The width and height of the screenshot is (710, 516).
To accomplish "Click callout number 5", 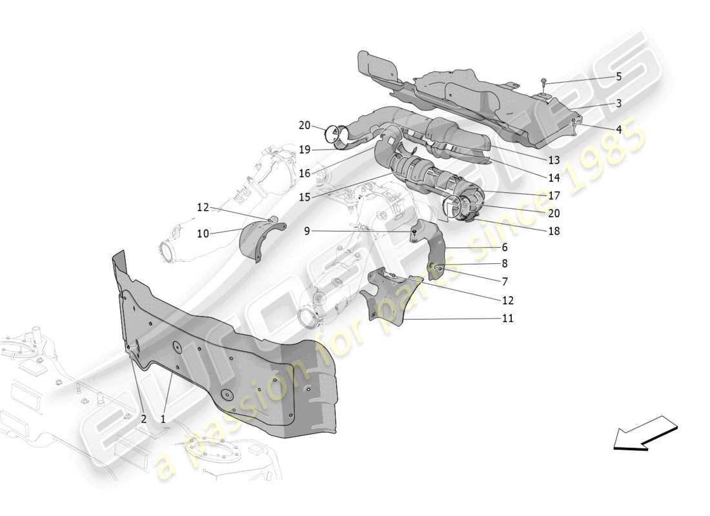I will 618,77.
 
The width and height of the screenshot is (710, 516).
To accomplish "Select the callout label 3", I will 618,103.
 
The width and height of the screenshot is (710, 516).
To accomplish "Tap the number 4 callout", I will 618,130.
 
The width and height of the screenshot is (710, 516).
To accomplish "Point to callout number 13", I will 554,160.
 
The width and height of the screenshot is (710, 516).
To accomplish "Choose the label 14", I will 554,177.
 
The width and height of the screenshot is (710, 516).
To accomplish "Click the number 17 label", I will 554,195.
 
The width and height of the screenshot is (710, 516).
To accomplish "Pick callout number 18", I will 554,230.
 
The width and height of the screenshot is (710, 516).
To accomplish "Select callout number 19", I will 305,150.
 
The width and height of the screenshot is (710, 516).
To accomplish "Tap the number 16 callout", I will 305,173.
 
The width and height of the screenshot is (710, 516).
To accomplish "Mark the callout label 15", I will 305,197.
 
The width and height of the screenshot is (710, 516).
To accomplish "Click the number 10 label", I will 203,233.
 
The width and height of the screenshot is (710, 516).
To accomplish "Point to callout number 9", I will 307,230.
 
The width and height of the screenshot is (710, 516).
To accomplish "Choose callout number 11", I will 508,318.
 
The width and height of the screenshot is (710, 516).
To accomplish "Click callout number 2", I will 143,419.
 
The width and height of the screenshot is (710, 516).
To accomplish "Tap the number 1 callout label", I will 163,419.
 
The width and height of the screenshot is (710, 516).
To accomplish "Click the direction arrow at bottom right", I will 644,432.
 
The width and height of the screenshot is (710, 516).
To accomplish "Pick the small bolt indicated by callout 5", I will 545,82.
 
